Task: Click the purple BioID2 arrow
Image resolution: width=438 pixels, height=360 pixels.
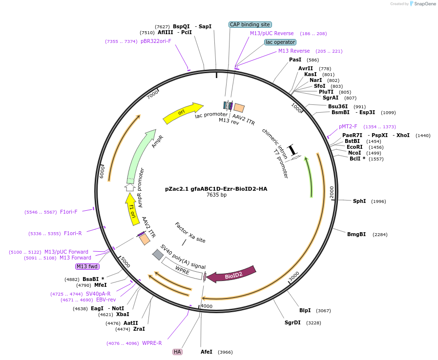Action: (x=231, y=275)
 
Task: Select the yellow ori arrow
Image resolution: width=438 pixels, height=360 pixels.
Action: (x=182, y=113)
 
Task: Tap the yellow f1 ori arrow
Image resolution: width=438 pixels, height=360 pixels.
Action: (x=132, y=209)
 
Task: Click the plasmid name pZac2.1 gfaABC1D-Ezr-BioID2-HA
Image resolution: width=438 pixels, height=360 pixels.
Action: (x=216, y=189)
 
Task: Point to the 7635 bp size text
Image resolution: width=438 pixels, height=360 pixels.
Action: (x=216, y=195)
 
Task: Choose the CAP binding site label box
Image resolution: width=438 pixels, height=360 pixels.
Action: (x=250, y=24)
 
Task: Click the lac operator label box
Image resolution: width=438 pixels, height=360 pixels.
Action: (x=280, y=42)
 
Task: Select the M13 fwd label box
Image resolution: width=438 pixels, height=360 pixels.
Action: (x=87, y=266)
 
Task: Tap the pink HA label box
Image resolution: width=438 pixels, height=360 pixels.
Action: (x=177, y=352)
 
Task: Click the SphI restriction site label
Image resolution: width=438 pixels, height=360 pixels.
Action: (x=359, y=201)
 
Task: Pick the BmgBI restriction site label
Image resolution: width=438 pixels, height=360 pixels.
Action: (x=356, y=235)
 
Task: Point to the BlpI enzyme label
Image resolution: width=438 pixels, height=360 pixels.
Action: (x=305, y=311)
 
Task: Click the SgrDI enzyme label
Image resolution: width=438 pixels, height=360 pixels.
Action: (x=292, y=322)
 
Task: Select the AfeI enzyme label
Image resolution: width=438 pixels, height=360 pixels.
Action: (x=207, y=352)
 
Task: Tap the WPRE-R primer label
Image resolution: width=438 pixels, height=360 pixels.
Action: (x=152, y=343)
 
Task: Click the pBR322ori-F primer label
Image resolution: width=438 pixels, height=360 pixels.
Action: (x=156, y=41)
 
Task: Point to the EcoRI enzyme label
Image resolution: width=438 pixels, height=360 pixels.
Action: (x=355, y=147)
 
